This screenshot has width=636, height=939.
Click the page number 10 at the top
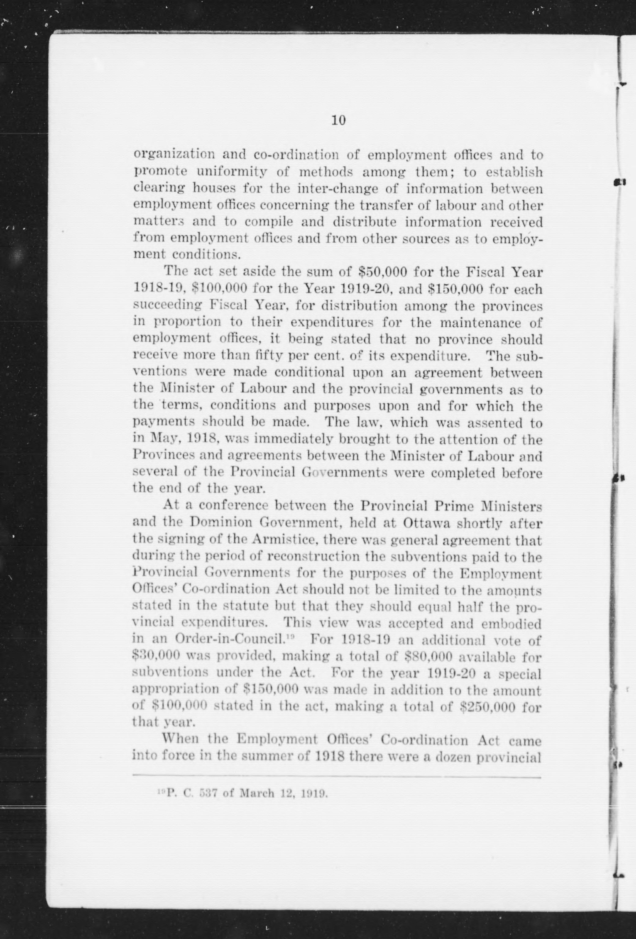coord(338,120)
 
